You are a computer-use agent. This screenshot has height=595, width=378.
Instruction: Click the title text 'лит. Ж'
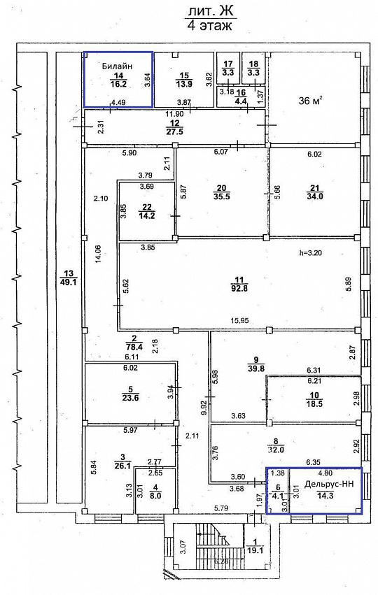click(208, 10)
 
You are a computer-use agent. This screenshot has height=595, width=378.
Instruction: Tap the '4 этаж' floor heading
click(208, 26)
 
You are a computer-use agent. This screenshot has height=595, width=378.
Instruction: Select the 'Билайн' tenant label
click(118, 66)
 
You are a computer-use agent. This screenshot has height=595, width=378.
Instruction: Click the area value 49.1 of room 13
click(67, 282)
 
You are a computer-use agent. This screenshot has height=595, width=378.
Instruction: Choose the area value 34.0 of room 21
click(314, 196)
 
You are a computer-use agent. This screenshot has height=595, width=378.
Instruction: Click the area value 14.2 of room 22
click(146, 216)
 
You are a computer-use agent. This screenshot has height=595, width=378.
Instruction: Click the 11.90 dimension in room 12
click(174, 113)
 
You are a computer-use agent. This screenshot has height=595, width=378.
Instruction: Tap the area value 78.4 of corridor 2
click(130, 345)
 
